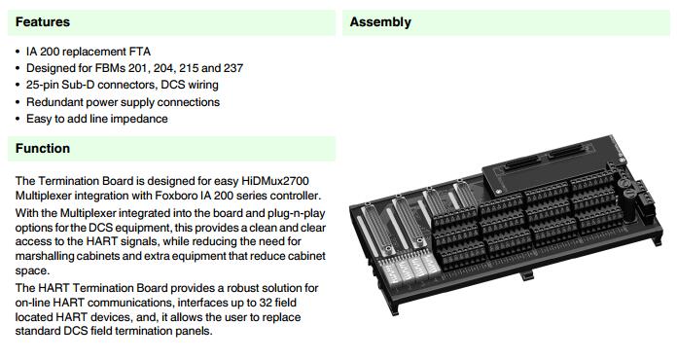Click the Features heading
[x=43, y=22]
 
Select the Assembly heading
[x=380, y=22]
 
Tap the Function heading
[x=43, y=149]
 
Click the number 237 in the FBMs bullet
[x=233, y=68]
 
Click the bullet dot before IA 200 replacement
[x=18, y=52]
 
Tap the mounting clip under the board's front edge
[x=527, y=275]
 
